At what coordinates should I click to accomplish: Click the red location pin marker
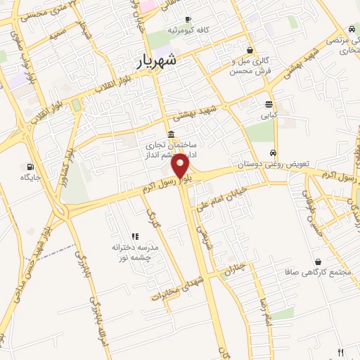tap(181, 166)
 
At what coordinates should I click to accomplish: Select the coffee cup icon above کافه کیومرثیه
tap(188, 19)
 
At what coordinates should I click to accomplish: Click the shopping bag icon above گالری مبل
tap(251, 50)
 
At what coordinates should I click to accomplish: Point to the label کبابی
tap(270, 114)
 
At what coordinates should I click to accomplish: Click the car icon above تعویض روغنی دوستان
tap(273, 153)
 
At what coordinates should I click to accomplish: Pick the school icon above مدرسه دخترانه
tap(134, 236)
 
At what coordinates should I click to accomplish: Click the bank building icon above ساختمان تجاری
tap(171, 134)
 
